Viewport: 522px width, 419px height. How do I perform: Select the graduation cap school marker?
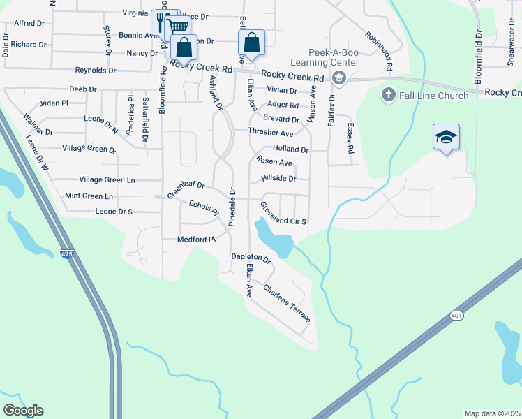pos(446,138)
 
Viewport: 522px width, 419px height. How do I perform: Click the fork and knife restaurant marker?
pos(161,22)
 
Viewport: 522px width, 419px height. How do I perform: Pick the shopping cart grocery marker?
pos(179,27)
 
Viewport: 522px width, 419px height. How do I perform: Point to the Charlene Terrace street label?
pos(287,302)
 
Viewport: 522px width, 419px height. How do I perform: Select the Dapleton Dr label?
pos(251,258)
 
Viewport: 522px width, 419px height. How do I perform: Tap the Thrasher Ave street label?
pos(271,132)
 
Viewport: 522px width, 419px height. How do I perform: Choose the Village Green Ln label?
pos(107,180)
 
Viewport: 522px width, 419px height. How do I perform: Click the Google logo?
pos(23,411)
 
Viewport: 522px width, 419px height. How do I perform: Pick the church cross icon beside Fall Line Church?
pos(388,94)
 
